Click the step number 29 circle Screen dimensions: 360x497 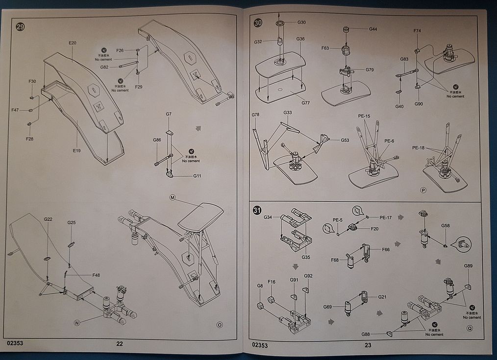click(20, 27)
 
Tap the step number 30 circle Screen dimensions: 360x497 click(258, 23)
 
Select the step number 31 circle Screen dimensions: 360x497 click(257, 211)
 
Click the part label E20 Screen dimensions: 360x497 click(73, 43)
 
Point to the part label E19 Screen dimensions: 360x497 click(76, 150)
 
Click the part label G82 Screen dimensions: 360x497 click(104, 67)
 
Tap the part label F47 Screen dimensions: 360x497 click(15, 110)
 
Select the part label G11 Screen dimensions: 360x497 click(197, 175)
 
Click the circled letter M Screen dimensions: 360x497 click(173, 197)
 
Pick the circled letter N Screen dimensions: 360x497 click(76, 322)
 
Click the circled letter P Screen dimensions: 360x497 click(422, 190)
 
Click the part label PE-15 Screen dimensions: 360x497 click(364, 116)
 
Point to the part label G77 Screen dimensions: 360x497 click(305, 103)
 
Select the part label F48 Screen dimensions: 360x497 click(96, 275)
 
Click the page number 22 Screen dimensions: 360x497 click(120, 344)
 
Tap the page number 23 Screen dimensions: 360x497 click(368, 345)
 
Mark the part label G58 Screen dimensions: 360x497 click(445, 226)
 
